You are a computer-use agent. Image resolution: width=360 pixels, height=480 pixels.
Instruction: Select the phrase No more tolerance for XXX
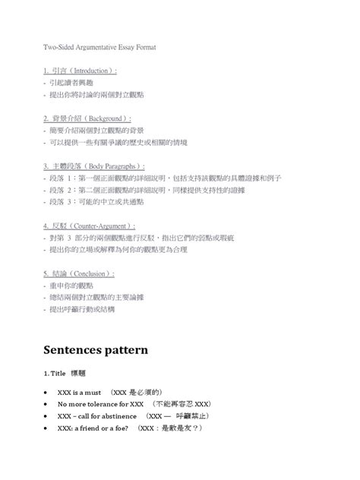coord(100,404)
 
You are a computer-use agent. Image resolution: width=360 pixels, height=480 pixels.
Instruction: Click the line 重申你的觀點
coord(71,285)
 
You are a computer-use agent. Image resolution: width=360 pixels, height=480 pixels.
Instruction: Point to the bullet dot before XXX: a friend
coord(48,428)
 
